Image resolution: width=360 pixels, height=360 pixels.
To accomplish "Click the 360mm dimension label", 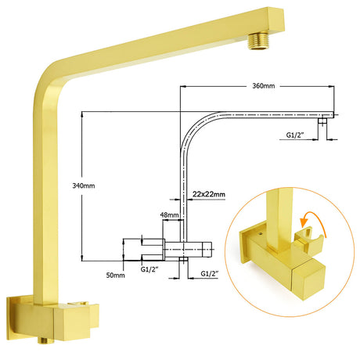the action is coord(263,86).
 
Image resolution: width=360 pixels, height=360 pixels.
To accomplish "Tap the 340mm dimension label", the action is coord(84,186).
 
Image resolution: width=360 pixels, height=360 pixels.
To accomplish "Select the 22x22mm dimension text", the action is coord(209,194).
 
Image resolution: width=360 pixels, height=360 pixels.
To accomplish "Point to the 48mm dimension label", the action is coord(169,215).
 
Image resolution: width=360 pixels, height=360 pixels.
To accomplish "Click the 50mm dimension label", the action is coord(115,275).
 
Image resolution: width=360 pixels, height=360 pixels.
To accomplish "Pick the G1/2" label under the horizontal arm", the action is coord(295,135).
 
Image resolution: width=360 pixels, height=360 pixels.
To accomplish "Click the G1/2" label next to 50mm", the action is coord(149,269).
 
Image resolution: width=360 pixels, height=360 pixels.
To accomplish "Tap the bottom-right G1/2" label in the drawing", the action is coord(210,274).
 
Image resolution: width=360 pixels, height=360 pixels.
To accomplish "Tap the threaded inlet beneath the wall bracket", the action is coord(44,340).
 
